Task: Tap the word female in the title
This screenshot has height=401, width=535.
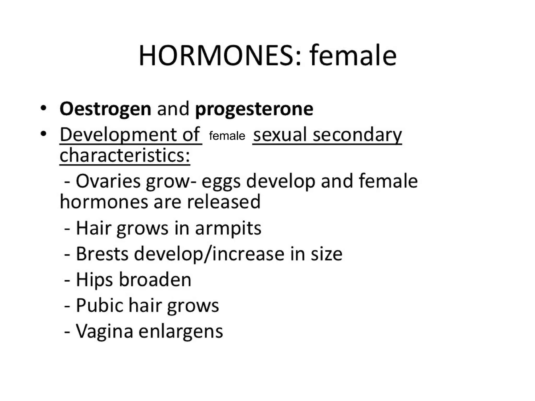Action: [x=353, y=56]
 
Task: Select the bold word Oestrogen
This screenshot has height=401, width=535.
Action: [x=105, y=109]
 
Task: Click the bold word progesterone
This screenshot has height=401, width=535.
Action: [x=254, y=109]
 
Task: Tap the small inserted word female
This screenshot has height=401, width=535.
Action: [x=227, y=136]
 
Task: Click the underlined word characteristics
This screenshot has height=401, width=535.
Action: [x=124, y=155]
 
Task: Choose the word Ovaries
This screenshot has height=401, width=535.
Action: [x=108, y=181]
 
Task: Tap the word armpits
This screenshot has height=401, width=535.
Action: [x=228, y=228]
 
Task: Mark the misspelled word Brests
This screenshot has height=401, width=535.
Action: [x=102, y=254]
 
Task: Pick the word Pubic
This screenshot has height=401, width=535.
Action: [x=99, y=305]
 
